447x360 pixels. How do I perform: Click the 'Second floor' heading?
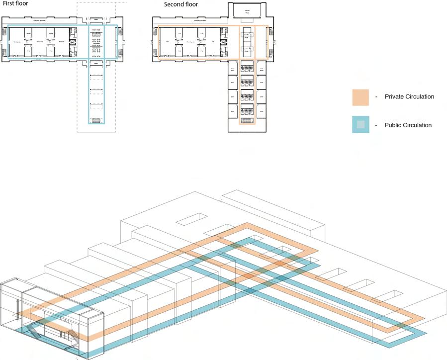click(181, 4)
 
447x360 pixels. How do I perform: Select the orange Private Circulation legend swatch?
click(360, 97)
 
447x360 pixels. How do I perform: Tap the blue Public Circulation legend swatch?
click(360, 125)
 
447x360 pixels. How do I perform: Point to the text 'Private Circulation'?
click(409, 97)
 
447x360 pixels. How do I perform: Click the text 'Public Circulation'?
click(408, 125)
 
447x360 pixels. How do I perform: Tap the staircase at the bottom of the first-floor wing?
click(96, 120)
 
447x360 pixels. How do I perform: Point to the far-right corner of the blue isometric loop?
click(426, 333)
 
